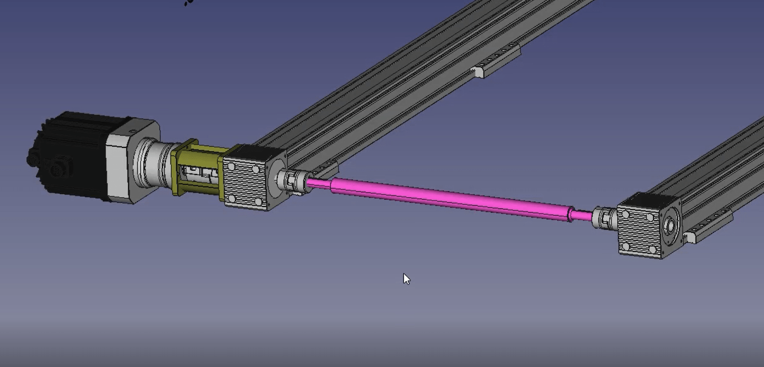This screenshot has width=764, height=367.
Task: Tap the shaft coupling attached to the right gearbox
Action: tap(603, 218)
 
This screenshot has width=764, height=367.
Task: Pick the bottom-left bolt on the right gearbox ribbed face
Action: tap(626, 246)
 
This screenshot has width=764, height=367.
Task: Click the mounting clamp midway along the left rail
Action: tap(480, 72)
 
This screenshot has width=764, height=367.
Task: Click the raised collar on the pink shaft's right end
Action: tap(571, 213)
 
